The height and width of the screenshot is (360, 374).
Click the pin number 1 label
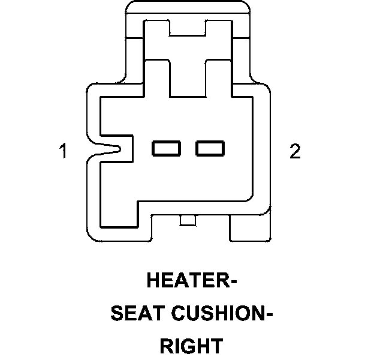pyautogui.click(x=62, y=151)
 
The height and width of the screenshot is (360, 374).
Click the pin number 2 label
pyautogui.click(x=294, y=151)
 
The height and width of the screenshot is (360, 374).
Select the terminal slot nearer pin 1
pyautogui.click(x=166, y=148)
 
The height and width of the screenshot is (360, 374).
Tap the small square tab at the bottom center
pyautogui.click(x=188, y=221)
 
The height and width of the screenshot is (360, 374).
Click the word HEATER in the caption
pyautogui.click(x=185, y=281)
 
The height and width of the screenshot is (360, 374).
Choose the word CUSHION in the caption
pyautogui.click(x=216, y=313)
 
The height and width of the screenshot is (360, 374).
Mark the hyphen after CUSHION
pyautogui.click(x=269, y=314)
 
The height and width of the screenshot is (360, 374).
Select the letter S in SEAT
pyautogui.click(x=117, y=313)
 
